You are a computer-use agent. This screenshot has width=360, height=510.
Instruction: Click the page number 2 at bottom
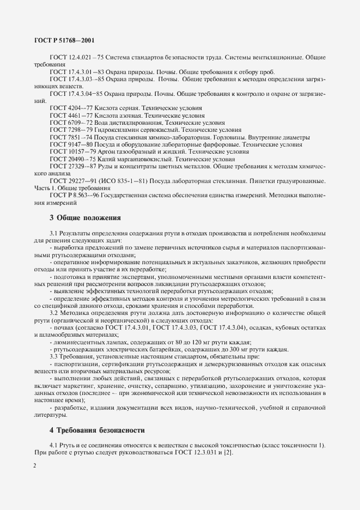coord(34,466)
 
